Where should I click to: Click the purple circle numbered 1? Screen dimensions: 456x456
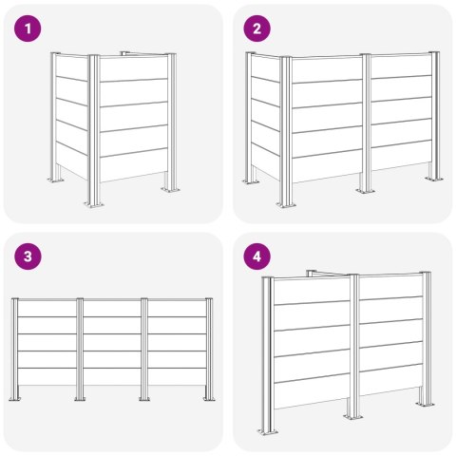point(28,28)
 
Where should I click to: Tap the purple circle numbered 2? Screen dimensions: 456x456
point(256,28)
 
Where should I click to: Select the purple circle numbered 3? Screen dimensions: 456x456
point(28,256)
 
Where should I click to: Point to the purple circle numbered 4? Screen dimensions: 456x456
point(256,256)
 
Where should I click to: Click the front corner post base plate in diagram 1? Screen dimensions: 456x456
point(94,204)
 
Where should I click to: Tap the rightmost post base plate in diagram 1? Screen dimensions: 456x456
point(170,190)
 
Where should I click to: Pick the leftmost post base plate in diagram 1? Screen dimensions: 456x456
point(57,180)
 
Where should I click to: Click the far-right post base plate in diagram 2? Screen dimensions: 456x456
point(434,180)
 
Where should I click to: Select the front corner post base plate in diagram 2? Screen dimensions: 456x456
point(286,204)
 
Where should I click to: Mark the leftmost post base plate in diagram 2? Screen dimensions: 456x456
point(252,182)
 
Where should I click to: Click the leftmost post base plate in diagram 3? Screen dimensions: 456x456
point(14,399)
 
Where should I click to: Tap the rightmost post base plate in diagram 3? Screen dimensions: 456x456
point(209,399)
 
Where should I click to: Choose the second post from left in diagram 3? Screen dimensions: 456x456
point(80,349)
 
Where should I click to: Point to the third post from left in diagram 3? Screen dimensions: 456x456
point(144,349)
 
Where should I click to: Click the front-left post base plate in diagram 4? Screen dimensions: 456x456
point(268,431)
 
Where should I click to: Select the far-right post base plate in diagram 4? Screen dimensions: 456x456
point(426,404)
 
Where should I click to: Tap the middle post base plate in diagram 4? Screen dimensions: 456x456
point(353,416)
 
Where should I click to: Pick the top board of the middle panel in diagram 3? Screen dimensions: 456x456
point(112,308)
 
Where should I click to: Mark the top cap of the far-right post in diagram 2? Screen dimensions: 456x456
point(434,52)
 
